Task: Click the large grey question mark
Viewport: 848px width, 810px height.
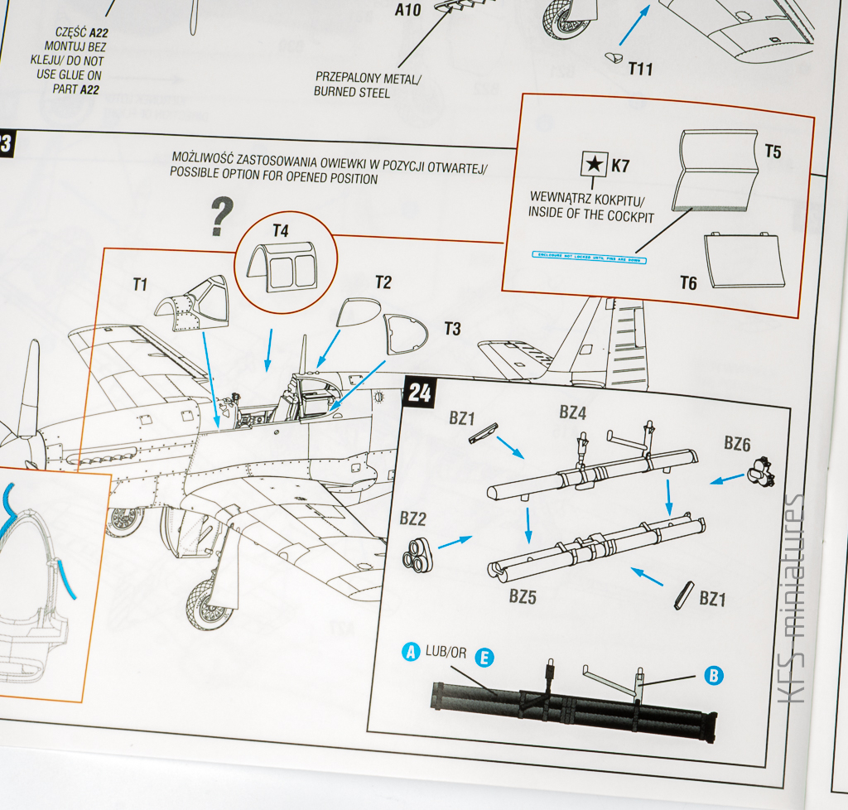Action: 221,217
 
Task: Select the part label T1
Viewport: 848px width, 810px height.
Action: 140,285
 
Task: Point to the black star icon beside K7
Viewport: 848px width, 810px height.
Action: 594,164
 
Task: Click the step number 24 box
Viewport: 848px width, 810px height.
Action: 420,392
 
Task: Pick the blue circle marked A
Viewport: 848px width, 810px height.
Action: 411,653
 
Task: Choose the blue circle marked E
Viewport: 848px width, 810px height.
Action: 484,658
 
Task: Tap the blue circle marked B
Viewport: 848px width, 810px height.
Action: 713,675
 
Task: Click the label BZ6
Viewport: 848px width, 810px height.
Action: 737,444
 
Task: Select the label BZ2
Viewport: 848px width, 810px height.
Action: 412,519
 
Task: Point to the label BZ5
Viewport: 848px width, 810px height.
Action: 523,596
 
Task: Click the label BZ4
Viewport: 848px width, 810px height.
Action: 573,413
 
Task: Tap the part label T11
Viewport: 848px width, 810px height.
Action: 639,70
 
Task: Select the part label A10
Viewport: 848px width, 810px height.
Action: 407,11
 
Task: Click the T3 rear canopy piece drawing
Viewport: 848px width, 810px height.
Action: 406,335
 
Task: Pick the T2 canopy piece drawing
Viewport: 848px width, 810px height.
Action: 359,312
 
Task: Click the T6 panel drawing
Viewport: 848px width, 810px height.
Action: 744,259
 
